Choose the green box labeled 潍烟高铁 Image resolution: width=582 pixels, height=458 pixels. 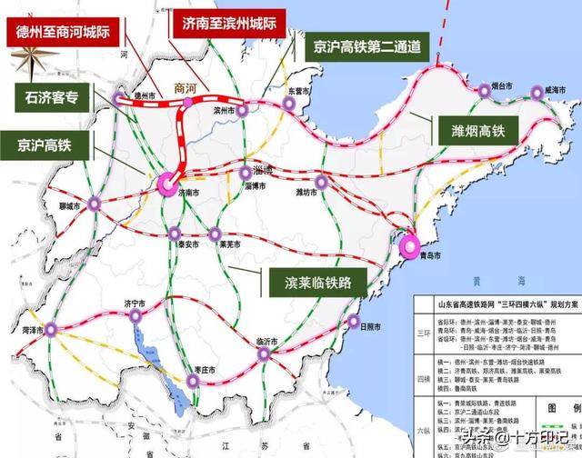click(471, 131)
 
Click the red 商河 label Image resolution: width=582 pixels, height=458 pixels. click(186, 89)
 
